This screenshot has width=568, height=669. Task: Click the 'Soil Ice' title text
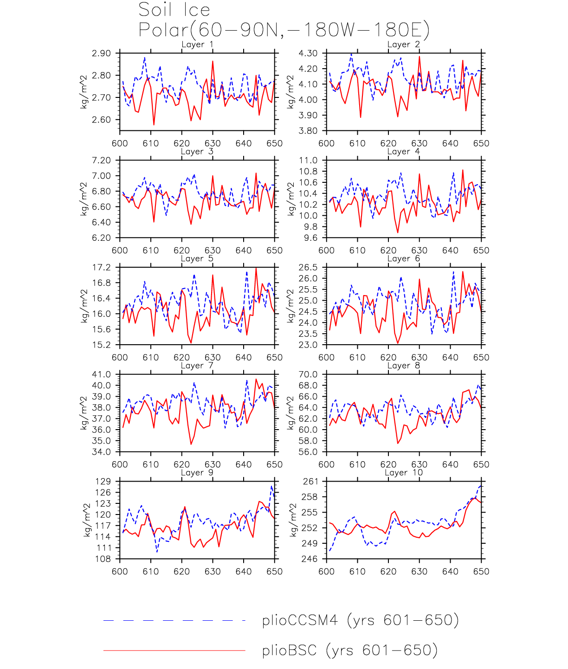click(174, 10)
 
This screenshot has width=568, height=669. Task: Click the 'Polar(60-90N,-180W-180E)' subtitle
click(284, 30)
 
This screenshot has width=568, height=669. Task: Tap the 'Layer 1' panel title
click(197, 45)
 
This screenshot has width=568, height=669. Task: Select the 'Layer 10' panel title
click(404, 473)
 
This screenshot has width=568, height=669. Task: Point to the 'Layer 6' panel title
click(404, 258)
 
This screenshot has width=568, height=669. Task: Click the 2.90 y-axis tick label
click(101, 53)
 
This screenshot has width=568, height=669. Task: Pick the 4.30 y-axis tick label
click(308, 53)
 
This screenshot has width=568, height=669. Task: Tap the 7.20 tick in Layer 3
click(101, 161)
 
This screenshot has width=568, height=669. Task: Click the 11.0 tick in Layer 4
click(308, 161)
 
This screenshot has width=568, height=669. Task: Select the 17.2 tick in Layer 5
click(101, 268)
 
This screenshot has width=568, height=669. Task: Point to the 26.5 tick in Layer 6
click(308, 268)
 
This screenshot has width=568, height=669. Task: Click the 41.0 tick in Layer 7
click(101, 375)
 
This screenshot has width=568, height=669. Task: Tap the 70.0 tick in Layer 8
click(308, 375)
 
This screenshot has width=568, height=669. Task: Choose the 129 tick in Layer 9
click(103, 482)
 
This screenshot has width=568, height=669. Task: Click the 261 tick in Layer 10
click(310, 482)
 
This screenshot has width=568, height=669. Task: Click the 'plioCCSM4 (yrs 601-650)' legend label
click(360, 620)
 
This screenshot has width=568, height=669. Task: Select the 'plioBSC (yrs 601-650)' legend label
click(349, 650)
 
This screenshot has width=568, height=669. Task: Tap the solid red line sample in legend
click(174, 650)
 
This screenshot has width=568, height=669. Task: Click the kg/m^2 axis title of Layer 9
click(87, 520)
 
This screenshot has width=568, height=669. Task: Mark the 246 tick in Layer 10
click(310, 559)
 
